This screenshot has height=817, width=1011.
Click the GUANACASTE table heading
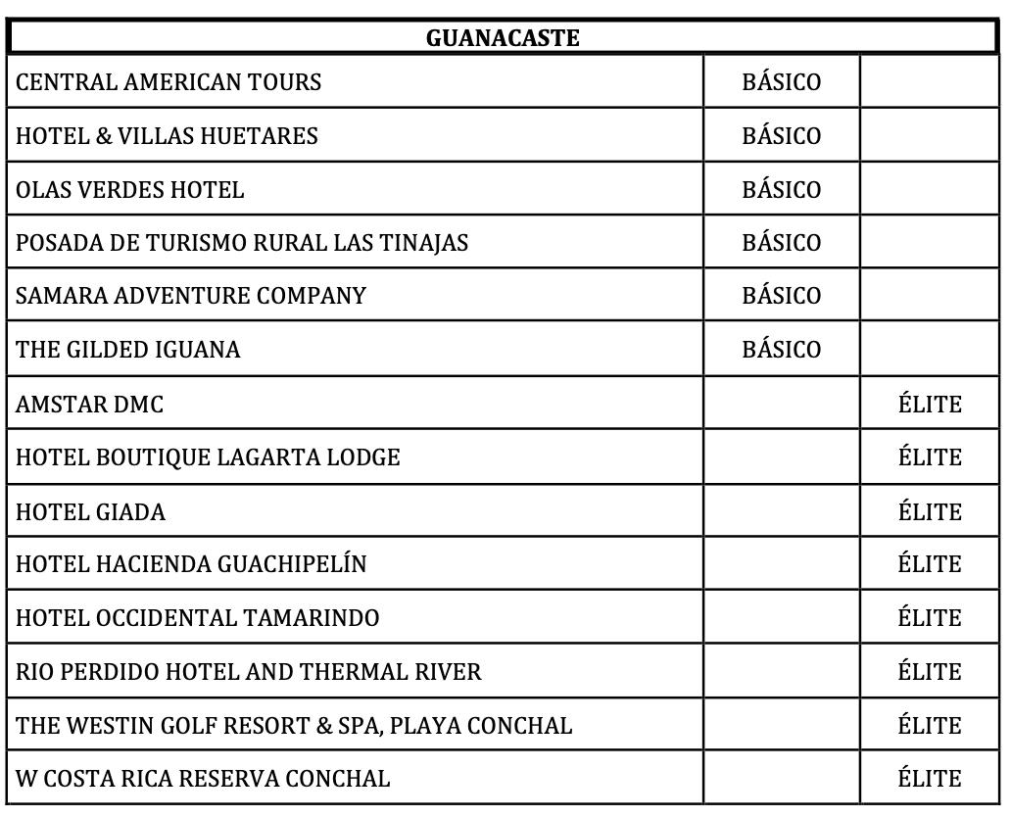503,38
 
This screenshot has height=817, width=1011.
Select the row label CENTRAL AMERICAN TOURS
168,82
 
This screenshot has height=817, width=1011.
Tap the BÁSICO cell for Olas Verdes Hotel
781,189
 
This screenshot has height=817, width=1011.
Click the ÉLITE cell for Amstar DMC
929,404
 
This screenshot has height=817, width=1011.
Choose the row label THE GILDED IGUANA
128,350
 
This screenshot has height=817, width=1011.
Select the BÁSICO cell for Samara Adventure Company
781,296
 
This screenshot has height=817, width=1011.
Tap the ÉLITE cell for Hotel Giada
929,511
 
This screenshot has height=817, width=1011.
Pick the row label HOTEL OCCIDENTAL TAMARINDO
198,618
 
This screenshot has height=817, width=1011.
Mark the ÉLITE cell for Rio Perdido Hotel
929,672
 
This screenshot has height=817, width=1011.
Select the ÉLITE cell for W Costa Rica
929,779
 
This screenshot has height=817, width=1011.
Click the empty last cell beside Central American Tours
929,82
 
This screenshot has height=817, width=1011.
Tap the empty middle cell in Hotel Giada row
781,511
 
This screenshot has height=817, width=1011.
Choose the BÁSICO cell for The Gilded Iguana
781,350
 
